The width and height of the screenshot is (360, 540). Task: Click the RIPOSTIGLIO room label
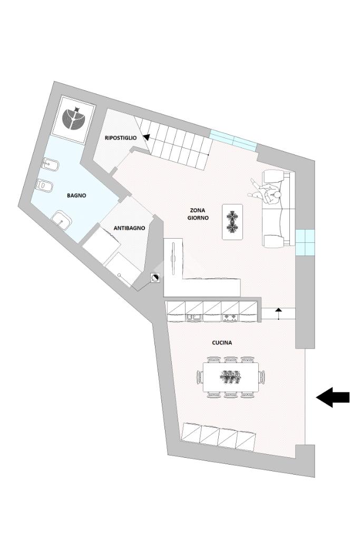point(121,138)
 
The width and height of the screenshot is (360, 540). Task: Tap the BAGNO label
point(76,195)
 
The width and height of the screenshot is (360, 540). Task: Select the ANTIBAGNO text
point(129,228)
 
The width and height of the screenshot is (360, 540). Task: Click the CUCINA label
point(222,342)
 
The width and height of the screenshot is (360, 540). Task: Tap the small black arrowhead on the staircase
point(145,138)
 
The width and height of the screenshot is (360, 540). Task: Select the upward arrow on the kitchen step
point(279,313)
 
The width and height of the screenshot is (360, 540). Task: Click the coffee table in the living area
point(232,222)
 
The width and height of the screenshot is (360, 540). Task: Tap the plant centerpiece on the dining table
point(230,377)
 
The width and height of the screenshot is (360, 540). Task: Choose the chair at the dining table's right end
point(262,377)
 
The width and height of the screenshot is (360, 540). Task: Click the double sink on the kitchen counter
point(193,317)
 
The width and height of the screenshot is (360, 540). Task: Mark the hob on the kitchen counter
point(230,317)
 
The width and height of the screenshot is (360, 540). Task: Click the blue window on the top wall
point(233,138)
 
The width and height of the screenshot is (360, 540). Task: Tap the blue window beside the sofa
point(305,242)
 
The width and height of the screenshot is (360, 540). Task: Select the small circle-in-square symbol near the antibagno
point(155,278)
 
